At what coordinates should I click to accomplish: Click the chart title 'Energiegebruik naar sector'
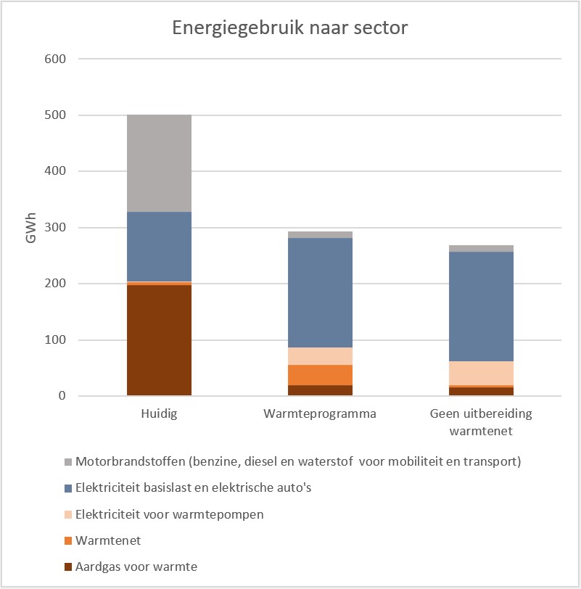(290, 28)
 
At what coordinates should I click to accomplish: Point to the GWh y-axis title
(31, 227)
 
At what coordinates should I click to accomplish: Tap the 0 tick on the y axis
(62, 396)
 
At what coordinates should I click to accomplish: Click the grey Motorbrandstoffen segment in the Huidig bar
(159, 163)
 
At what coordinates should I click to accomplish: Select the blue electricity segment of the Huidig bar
(159, 246)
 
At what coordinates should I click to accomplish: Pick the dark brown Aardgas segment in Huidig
(159, 340)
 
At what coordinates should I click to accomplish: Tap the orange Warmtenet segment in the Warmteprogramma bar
(320, 374)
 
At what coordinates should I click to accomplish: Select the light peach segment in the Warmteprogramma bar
(320, 355)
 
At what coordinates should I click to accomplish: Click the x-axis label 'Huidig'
(159, 415)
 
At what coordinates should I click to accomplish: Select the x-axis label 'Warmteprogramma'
(320, 415)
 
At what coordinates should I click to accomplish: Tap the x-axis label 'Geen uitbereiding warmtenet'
(481, 422)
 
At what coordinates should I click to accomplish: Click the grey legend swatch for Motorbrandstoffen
(68, 461)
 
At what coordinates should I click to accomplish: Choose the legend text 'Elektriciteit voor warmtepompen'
(169, 514)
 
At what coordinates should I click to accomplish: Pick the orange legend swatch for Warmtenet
(68, 540)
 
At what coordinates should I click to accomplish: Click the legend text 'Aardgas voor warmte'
(136, 567)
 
